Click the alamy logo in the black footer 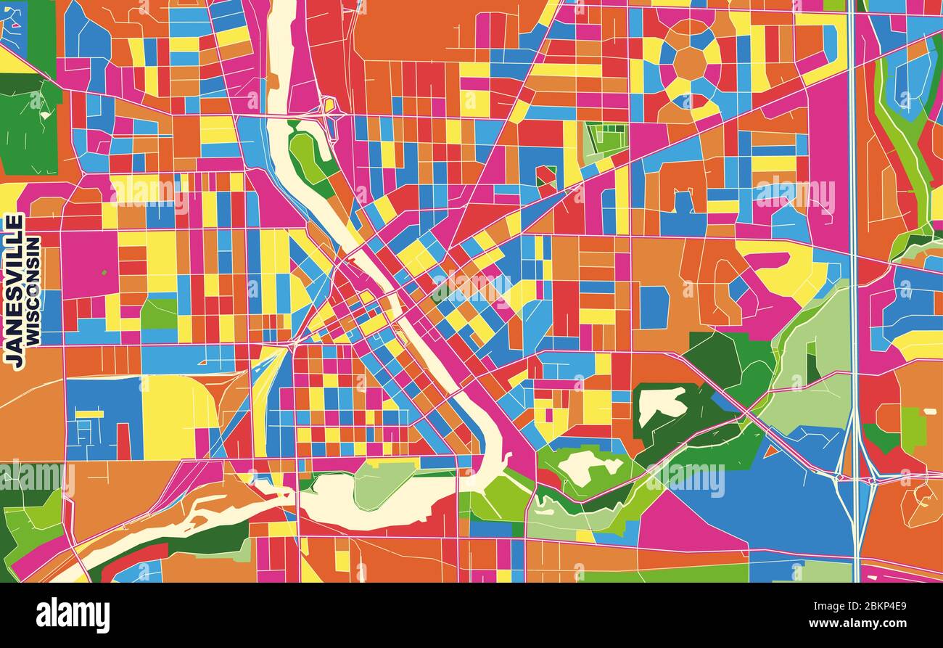[x=73, y=615]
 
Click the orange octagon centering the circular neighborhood [x=689, y=64]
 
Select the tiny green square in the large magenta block [x=104, y=273]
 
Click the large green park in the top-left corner [x=29, y=131]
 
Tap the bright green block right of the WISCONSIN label [x=159, y=313]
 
